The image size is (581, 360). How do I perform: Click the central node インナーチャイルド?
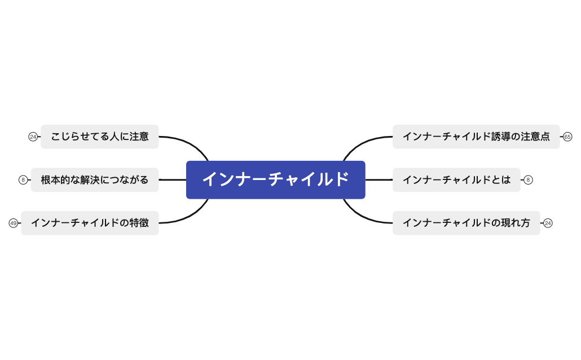click(x=275, y=179)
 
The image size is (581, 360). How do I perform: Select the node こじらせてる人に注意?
click(x=99, y=137)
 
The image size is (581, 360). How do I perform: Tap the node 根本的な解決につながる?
click(x=94, y=180)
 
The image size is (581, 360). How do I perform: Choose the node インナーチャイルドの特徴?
click(x=90, y=223)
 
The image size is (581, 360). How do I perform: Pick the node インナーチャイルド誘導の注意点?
click(x=476, y=137)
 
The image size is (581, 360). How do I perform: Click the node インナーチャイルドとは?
click(x=456, y=180)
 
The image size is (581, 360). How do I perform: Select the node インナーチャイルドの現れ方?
click(x=466, y=223)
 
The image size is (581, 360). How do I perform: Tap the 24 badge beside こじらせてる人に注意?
click(x=33, y=137)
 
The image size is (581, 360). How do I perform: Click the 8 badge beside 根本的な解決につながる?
click(x=23, y=180)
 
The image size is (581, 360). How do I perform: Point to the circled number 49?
click(x=13, y=223)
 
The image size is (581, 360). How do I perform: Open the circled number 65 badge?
click(x=567, y=137)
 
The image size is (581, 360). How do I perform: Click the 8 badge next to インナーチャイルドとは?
click(x=528, y=180)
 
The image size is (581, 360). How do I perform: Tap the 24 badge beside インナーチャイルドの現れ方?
click(x=548, y=223)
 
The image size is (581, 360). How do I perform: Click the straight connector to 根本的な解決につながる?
click(x=172, y=180)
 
